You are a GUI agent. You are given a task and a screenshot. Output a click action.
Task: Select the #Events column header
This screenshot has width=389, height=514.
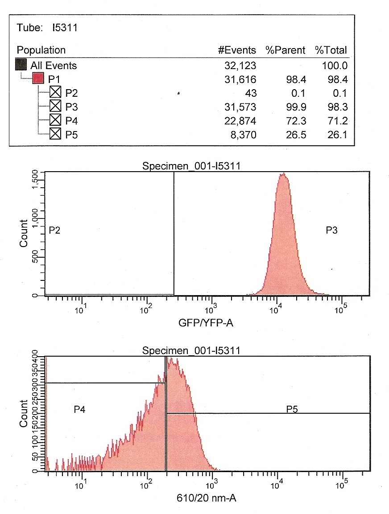237,50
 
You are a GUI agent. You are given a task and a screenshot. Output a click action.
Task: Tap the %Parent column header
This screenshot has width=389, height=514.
286,50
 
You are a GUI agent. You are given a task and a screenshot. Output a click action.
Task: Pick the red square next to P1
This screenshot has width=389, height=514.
38,79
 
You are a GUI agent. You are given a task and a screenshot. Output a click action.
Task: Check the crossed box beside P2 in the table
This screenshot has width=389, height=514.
55,93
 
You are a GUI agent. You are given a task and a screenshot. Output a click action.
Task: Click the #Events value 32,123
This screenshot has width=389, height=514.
240,66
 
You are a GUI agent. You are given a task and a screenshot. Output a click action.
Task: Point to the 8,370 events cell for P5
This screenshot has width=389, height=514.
244,134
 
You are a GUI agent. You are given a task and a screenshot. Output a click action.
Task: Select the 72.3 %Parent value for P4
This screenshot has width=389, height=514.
297,120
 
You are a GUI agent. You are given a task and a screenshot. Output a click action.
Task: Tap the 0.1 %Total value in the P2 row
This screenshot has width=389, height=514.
339,93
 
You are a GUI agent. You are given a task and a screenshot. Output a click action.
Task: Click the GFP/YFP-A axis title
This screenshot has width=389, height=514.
206,323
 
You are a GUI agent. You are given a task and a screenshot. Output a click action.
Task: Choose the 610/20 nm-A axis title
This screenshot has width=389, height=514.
206,497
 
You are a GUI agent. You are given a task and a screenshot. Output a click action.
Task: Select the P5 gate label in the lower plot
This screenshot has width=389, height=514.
292,409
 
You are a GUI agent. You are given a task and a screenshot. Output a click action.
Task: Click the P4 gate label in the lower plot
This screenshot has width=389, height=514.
80,409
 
